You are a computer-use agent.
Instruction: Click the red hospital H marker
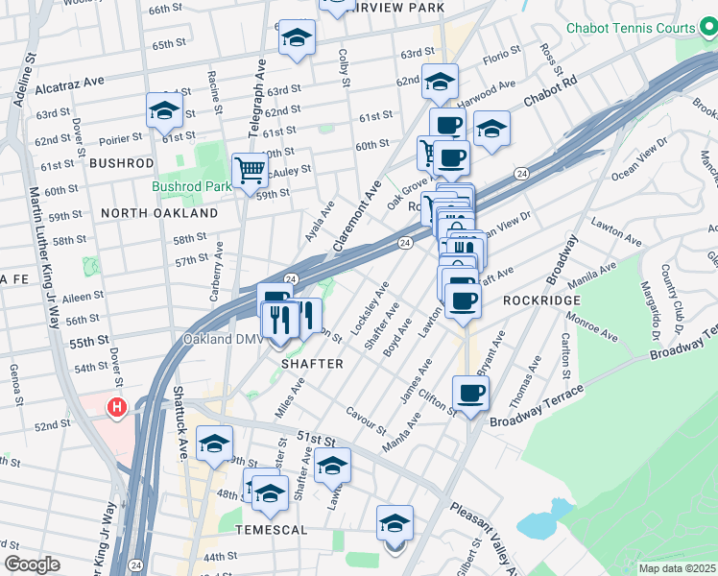click(x=117, y=408)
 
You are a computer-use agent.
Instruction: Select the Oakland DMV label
click(x=221, y=339)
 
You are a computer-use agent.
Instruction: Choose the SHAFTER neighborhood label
click(x=312, y=365)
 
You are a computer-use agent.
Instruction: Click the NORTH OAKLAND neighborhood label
click(x=159, y=212)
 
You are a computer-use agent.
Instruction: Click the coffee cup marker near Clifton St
click(x=470, y=394)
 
